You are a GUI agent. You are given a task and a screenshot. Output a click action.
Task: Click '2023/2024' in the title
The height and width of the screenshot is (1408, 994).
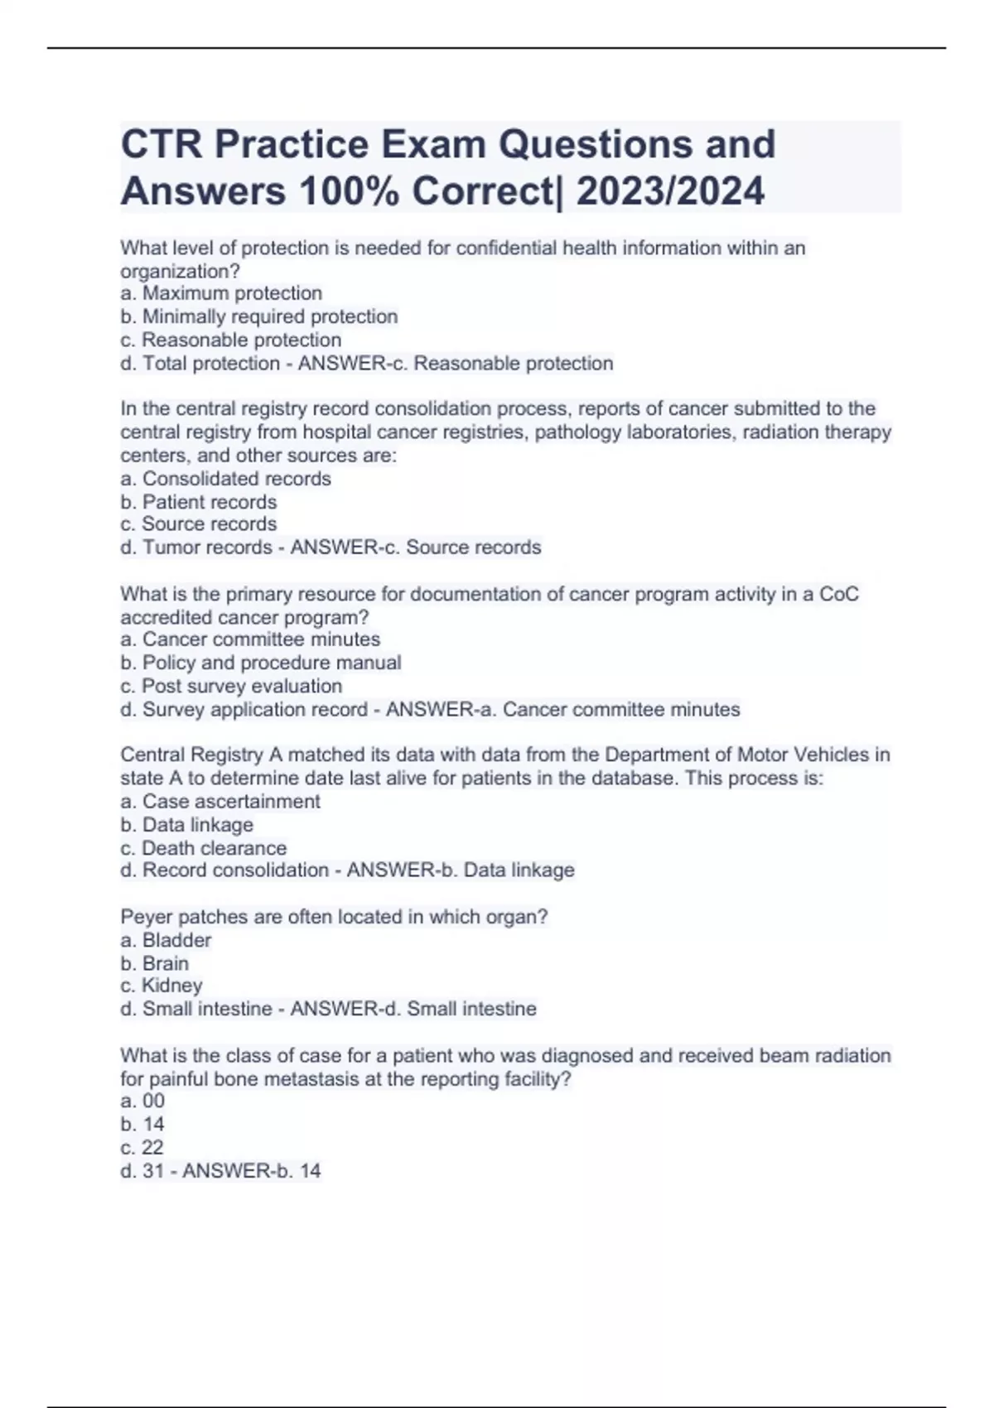670,191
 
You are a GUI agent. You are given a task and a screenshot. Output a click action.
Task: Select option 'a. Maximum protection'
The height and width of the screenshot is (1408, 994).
221,293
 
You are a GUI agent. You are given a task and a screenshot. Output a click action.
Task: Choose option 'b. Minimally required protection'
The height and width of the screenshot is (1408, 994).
259,316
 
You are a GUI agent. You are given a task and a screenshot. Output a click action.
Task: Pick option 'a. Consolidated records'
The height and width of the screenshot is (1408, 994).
225,479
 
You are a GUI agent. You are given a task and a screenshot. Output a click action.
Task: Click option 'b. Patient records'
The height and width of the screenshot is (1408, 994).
199,502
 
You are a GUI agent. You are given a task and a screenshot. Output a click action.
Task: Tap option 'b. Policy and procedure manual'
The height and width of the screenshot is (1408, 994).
261,663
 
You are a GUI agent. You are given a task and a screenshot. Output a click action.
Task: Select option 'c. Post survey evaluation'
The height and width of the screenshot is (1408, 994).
231,686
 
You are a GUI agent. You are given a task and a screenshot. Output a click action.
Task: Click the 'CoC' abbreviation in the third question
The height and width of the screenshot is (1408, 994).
838,594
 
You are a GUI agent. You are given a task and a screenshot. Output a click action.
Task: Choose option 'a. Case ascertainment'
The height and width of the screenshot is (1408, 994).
220,802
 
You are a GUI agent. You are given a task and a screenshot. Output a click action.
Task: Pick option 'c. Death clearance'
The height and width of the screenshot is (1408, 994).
204,848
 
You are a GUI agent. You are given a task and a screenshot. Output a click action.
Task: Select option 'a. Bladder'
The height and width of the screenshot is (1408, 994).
166,940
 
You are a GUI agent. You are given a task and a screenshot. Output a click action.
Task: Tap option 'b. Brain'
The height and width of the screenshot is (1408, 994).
155,963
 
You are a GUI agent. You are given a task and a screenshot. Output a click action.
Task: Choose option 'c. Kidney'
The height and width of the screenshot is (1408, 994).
162,986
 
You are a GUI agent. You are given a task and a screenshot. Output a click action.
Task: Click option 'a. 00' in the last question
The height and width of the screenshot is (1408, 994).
142,1101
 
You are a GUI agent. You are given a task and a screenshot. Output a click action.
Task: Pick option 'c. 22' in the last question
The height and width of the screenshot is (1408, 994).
142,1147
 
